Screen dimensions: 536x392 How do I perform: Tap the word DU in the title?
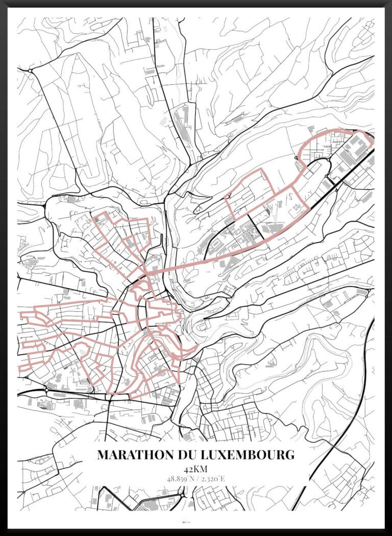183,454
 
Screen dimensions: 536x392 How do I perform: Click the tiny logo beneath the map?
195,522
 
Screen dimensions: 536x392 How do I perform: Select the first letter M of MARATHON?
103,454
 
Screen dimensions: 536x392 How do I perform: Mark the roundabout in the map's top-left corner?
30,70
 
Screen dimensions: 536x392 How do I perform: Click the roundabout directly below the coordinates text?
183,495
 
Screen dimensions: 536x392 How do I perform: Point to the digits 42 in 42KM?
189,469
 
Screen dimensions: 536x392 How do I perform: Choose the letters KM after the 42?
201,469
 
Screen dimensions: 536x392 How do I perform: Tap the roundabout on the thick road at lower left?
46,390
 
